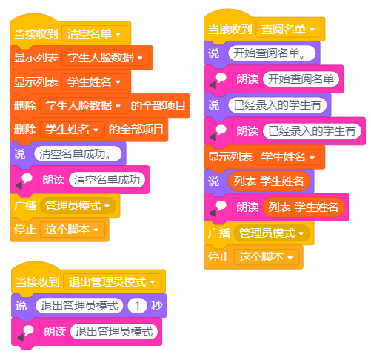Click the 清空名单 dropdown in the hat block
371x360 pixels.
(x=94, y=34)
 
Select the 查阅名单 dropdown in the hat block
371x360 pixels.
(x=288, y=30)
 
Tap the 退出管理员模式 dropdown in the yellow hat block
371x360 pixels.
(x=113, y=281)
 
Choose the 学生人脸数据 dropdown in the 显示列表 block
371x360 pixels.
(x=105, y=58)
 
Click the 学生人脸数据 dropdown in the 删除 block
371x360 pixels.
(x=84, y=106)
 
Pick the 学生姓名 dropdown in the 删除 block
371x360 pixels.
(x=73, y=130)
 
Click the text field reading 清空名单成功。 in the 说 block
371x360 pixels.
(x=78, y=154)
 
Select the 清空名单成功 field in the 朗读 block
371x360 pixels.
(x=107, y=179)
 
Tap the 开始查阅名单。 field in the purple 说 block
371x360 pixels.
(x=272, y=53)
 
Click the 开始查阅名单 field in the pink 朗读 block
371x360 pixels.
(x=301, y=79)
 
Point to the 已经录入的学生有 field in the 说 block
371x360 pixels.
(x=278, y=105)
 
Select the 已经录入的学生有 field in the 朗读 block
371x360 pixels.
(x=312, y=131)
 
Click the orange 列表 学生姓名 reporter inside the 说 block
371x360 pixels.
(x=269, y=181)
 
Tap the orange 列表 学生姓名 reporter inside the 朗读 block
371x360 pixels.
(x=304, y=207)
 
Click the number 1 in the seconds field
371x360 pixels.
(x=137, y=306)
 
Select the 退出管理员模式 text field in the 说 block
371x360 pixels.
(x=79, y=306)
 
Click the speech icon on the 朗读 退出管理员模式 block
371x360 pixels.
(x=25, y=333)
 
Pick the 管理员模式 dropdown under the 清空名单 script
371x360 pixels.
(x=78, y=206)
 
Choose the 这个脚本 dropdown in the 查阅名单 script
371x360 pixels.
(x=266, y=257)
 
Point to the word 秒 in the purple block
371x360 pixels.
(x=156, y=306)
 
